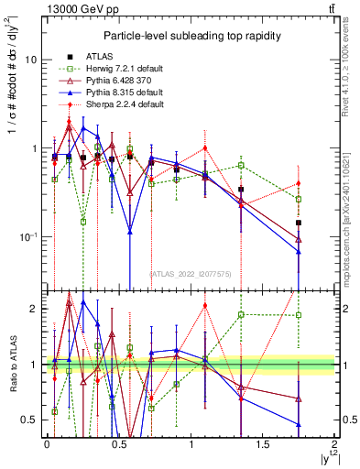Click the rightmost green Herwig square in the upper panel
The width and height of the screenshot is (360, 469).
299,199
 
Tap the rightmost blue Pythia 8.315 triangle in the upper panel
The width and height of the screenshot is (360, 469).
299,251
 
